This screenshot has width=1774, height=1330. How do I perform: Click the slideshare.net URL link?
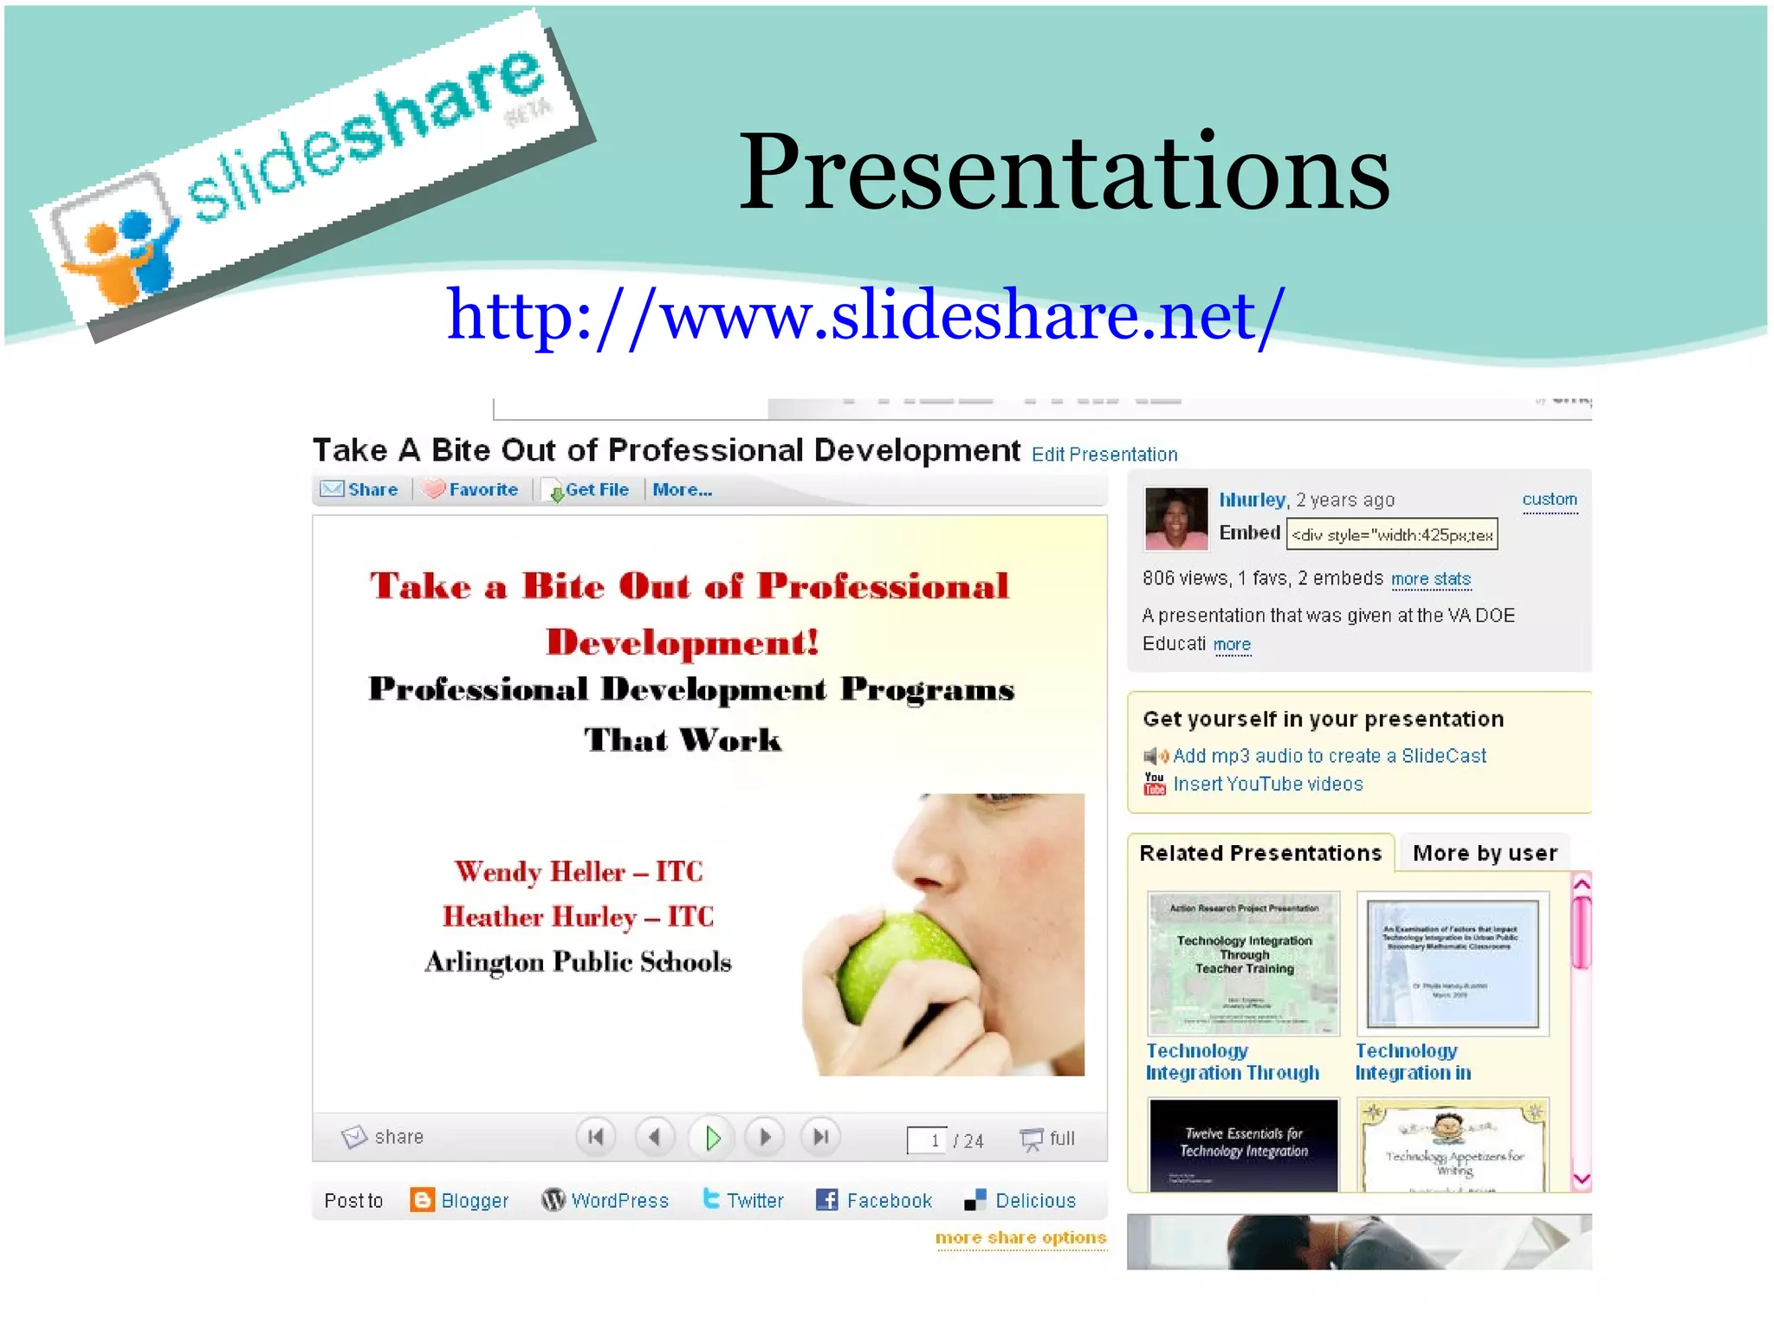(x=864, y=315)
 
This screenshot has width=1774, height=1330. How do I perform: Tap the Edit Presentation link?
(x=1104, y=455)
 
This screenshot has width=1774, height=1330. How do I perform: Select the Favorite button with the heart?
(x=471, y=490)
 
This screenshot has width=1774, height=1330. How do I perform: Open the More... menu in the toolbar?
(x=682, y=490)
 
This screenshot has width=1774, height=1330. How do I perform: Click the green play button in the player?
(x=712, y=1138)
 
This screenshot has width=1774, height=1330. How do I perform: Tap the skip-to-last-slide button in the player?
(x=820, y=1137)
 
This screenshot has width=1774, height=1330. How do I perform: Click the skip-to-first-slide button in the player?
(x=596, y=1137)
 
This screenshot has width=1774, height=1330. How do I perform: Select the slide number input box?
(x=927, y=1140)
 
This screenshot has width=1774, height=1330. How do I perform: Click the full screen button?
(x=1048, y=1139)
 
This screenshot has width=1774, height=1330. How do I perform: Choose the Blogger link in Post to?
(x=460, y=1200)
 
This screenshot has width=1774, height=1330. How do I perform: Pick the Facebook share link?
(x=875, y=1200)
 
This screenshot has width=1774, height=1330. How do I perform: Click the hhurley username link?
(x=1252, y=500)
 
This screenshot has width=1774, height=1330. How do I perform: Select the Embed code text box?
(x=1391, y=534)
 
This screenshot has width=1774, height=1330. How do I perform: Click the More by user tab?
(x=1484, y=853)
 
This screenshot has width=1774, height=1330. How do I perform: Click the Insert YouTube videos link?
(x=1267, y=784)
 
